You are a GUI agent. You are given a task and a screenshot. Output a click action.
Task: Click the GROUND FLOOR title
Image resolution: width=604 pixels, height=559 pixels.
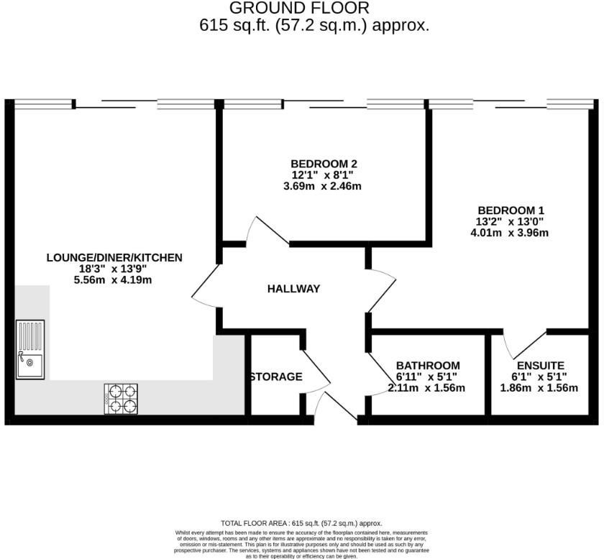tap(299, 8)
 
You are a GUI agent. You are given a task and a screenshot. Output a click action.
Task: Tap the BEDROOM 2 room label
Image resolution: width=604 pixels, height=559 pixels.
tap(324, 164)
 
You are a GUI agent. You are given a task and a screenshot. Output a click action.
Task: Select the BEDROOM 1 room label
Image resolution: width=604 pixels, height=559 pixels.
tap(511, 211)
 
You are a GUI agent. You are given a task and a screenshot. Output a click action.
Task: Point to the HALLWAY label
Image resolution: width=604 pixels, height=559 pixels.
tap(293, 289)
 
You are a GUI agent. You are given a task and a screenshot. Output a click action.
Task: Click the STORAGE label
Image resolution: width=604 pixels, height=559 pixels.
tap(276, 376)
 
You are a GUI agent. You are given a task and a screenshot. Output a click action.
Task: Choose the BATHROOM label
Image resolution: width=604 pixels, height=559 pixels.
tap(428, 365)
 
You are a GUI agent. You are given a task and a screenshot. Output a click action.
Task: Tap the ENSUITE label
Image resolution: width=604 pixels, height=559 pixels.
tap(541, 365)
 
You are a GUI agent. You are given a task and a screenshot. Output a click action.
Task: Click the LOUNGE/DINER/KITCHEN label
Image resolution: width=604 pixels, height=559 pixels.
tap(114, 257)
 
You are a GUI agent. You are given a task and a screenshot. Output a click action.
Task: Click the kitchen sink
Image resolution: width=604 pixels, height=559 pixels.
tap(30, 350)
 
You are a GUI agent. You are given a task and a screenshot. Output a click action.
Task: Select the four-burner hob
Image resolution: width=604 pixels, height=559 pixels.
tap(121, 399)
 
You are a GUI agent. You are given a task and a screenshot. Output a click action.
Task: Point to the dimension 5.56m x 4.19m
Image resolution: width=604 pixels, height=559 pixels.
tap(113, 280)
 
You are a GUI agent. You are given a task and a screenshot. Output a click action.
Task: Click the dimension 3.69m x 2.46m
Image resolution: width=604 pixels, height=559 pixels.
tap(322, 186)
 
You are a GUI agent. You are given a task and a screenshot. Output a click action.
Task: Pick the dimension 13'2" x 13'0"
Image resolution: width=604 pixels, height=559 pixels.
tap(510, 222)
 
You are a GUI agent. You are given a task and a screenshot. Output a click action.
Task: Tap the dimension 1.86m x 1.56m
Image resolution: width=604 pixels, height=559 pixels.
tap(539, 388)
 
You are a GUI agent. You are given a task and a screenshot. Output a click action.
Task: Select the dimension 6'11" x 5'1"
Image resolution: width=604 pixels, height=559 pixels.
tap(426, 376)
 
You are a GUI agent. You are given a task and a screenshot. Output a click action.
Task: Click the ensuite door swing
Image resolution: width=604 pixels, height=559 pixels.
tap(525, 345)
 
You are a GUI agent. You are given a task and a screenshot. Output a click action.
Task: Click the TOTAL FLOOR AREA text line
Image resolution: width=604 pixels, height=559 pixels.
tap(301, 523)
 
